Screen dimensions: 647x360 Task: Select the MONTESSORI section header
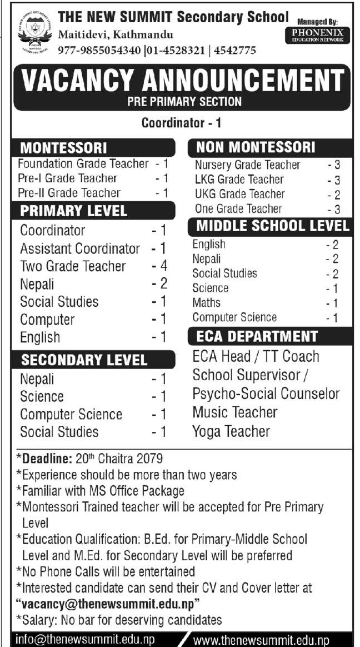64,148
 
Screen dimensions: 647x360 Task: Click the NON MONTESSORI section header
256,147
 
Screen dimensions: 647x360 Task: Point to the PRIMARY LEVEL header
74,211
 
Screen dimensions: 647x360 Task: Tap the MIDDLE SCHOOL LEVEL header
273,226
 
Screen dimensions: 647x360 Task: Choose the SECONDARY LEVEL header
84,360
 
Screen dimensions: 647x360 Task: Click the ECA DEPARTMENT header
257,336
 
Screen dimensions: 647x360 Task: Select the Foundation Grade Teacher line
83,164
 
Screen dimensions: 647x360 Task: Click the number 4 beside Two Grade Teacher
163,266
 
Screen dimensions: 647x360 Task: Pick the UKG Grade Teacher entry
239,195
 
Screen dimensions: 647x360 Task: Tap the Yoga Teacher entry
231,431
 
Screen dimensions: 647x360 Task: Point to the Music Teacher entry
235,412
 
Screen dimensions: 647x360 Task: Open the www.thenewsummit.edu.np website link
261,640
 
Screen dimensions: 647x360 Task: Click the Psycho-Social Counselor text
266,394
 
